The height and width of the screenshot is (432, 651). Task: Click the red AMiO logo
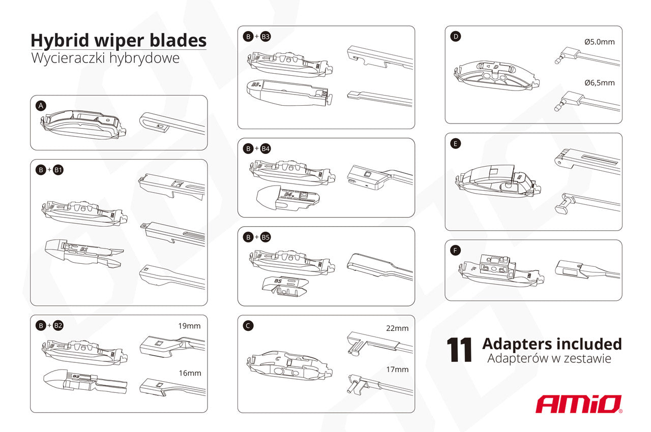tap(579, 404)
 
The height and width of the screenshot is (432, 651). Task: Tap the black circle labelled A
tap(41, 106)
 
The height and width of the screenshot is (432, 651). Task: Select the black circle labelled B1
tap(58, 170)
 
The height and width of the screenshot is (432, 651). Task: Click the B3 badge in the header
tap(265, 37)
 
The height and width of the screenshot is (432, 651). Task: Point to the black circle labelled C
tap(248, 326)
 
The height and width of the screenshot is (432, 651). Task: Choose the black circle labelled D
tap(455, 37)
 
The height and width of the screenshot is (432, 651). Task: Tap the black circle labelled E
tap(455, 144)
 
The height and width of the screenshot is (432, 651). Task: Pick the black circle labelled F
tap(455, 250)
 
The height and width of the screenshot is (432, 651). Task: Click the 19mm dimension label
tap(190, 326)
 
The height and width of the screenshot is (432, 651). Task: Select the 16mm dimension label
tap(190, 373)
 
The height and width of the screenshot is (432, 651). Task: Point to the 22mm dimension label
tap(397, 328)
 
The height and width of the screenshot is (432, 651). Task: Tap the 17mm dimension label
tap(397, 369)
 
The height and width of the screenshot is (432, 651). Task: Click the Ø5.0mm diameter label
tap(600, 42)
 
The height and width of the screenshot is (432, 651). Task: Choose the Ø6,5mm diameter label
tap(600, 83)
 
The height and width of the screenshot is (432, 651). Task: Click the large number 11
tap(459, 350)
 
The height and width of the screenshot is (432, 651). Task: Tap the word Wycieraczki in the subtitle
tap(68, 58)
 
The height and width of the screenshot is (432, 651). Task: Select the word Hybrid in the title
tap(60, 41)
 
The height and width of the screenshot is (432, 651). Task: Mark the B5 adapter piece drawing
tap(285, 287)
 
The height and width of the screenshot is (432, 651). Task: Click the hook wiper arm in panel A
tap(172, 124)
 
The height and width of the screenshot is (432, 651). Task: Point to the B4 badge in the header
tap(265, 148)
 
